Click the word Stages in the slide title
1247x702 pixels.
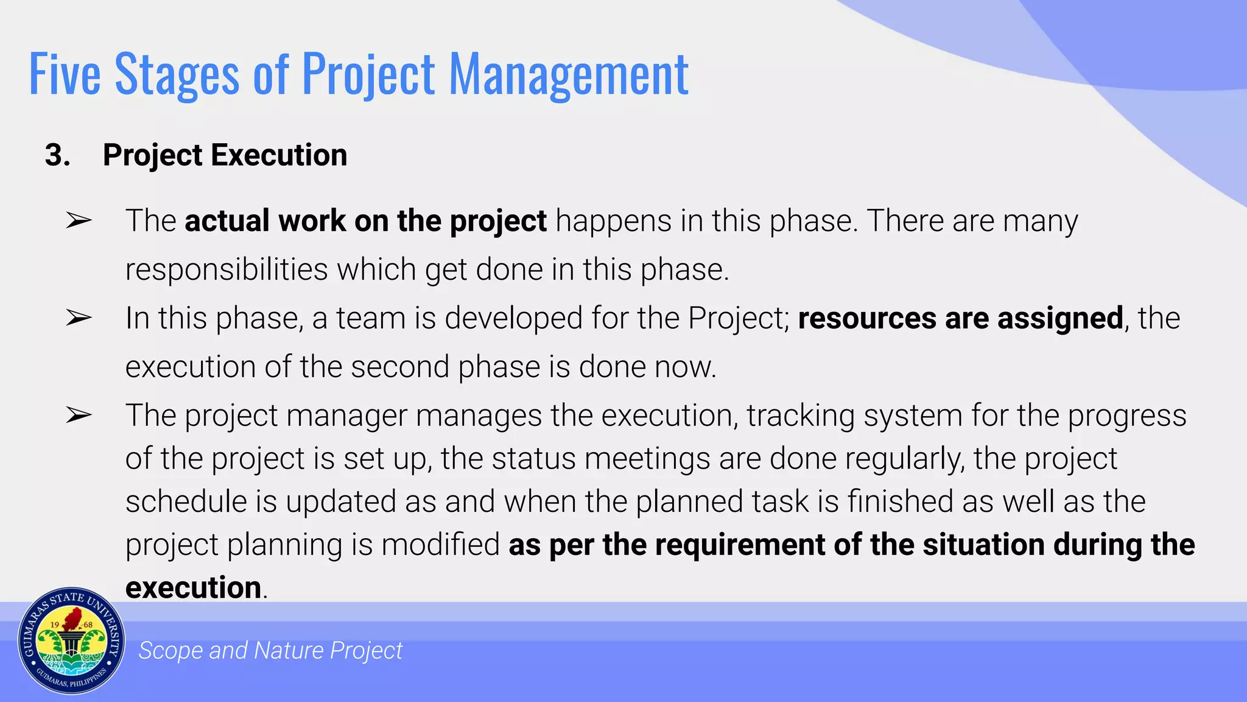(177, 74)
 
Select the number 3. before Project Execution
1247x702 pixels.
(57, 155)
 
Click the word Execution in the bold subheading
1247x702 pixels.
(279, 155)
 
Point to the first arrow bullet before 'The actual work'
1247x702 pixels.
(79, 221)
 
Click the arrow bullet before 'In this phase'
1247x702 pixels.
(79, 318)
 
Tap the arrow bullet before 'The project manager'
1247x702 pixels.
(79, 416)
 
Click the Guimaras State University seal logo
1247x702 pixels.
(71, 641)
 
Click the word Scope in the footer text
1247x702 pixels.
(170, 651)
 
